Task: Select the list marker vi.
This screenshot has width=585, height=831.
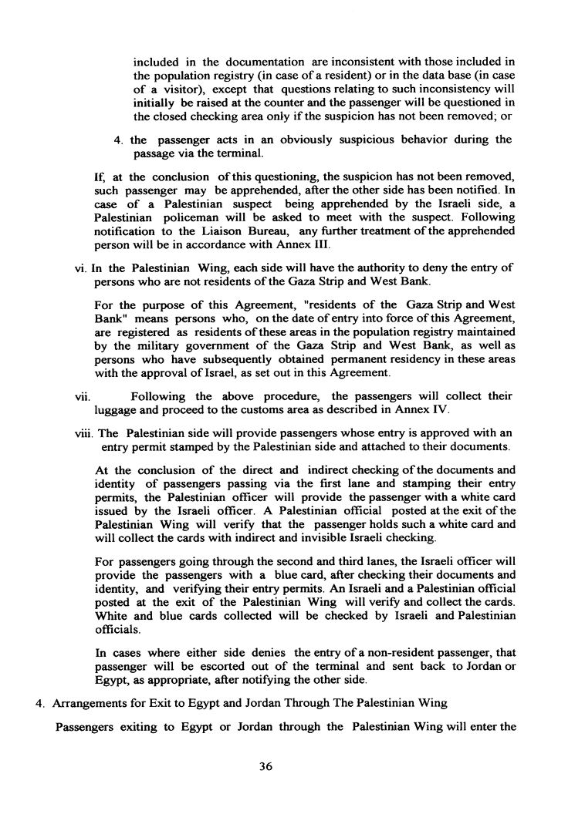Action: click(71, 267)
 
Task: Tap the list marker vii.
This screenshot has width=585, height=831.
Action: click(74, 397)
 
